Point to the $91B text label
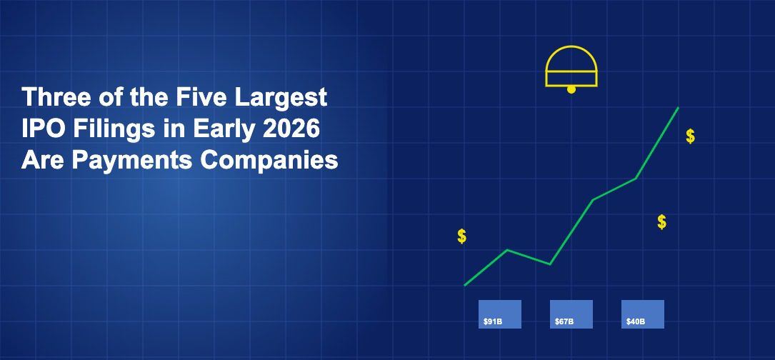493,322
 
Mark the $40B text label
636,322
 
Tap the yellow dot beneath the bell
571,90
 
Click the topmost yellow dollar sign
690,136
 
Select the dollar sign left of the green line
462,236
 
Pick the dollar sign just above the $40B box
662,222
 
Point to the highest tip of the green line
678,108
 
